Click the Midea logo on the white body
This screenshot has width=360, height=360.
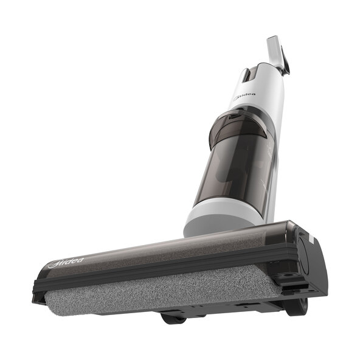pyautogui.click(x=244, y=97)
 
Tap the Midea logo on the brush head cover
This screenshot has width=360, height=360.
pyautogui.click(x=66, y=263)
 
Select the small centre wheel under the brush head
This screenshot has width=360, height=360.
pyautogui.click(x=173, y=319)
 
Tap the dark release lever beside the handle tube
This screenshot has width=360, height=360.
pyautogui.click(x=285, y=61)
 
